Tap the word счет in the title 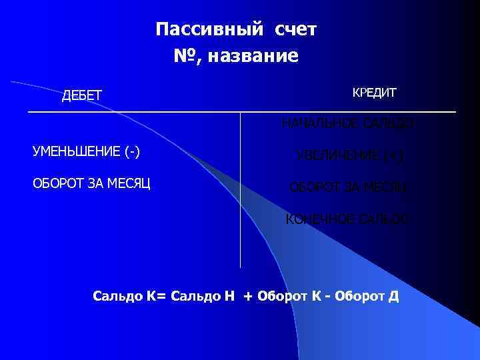click(x=295, y=30)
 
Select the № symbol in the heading click(x=186, y=56)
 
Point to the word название click(x=253, y=57)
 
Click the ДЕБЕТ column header click(x=82, y=96)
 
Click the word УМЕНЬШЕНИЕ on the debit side click(x=77, y=151)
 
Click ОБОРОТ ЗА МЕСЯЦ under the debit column click(x=91, y=182)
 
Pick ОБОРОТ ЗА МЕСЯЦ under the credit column click(x=348, y=187)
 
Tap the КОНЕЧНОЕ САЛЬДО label click(x=347, y=219)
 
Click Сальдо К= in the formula click(x=129, y=295)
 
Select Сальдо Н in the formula click(x=203, y=295)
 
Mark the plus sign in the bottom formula click(x=249, y=295)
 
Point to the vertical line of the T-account click(x=240, y=200)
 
